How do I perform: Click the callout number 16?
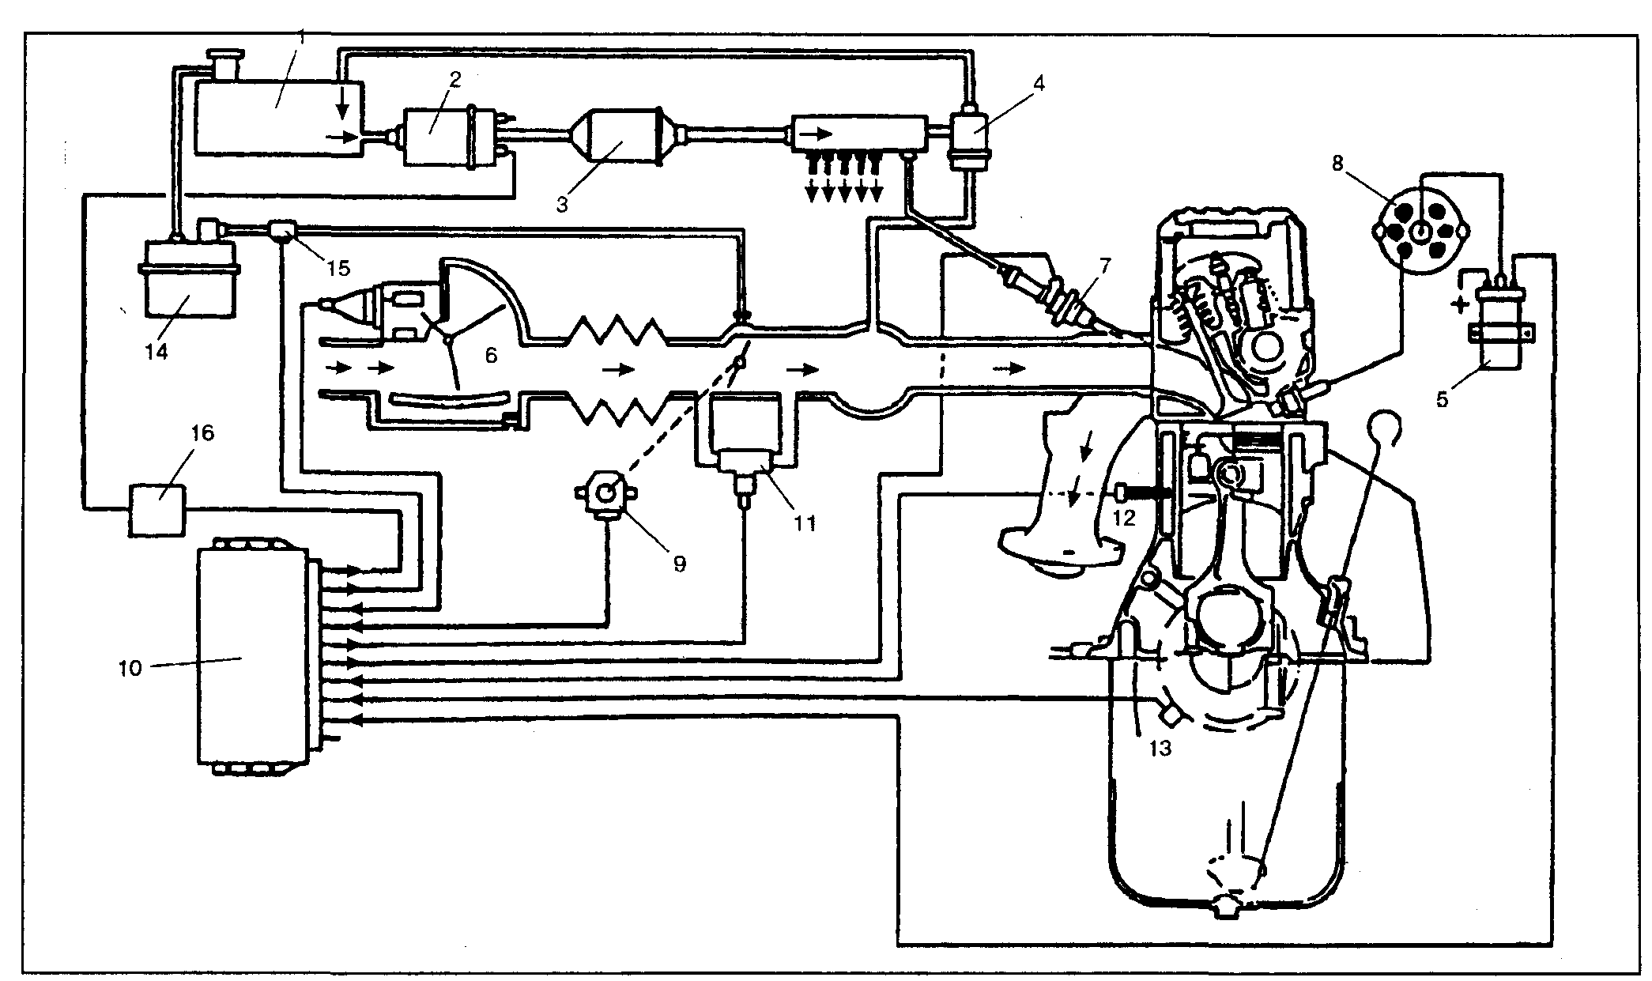pos(202,434)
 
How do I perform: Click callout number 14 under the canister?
pos(157,350)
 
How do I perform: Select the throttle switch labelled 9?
pos(607,495)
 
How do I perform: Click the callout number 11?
pos(805,523)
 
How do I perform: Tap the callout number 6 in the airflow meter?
pos(491,356)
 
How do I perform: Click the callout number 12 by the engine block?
pos(1123,518)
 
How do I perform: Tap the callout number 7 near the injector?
pos(1103,266)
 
